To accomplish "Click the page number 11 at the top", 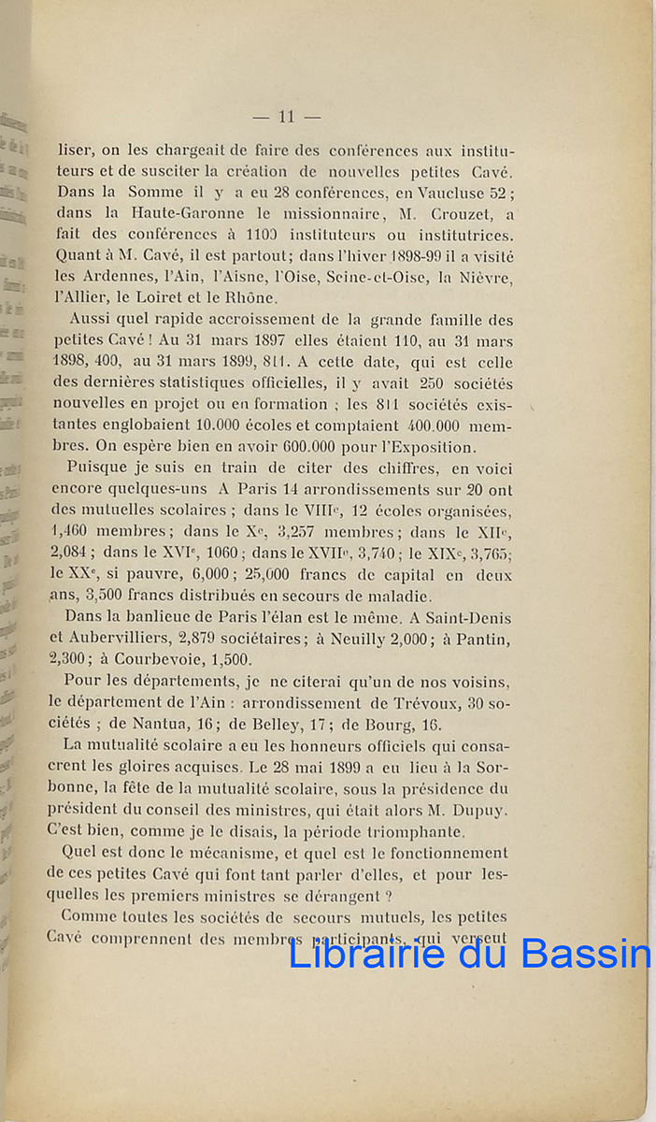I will click(287, 117).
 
